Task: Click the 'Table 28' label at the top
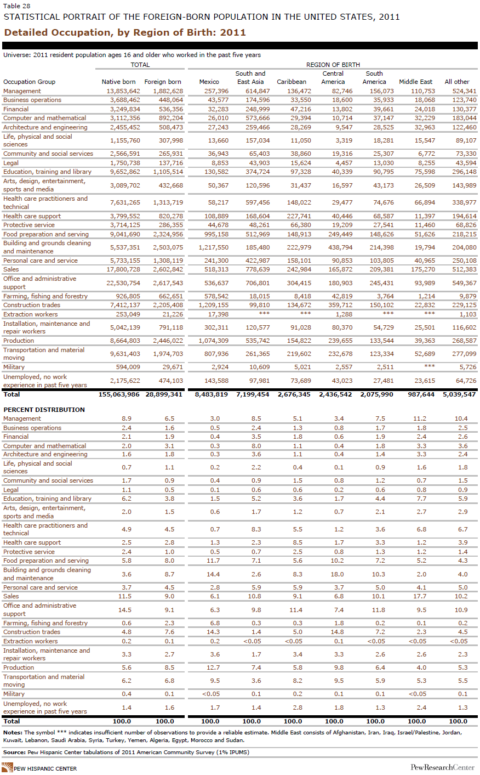click(17, 6)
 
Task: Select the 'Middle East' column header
click(415, 82)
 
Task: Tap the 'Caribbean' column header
click(292, 82)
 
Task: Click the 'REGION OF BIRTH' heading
click(333, 65)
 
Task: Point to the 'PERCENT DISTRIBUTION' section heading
click(44, 410)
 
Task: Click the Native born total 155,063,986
click(119, 394)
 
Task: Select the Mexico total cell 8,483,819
click(211, 394)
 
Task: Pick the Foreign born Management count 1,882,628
click(168, 91)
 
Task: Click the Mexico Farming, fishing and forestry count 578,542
click(216, 296)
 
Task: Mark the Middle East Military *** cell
click(430, 366)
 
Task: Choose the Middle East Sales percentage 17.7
click(421, 596)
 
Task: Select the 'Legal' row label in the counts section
click(11, 163)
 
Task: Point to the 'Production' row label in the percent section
click(19, 667)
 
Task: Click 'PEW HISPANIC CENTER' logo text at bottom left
click(45, 768)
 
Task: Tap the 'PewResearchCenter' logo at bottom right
click(442, 767)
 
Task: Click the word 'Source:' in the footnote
click(14, 752)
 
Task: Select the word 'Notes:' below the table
click(13, 732)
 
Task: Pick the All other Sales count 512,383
click(464, 269)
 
